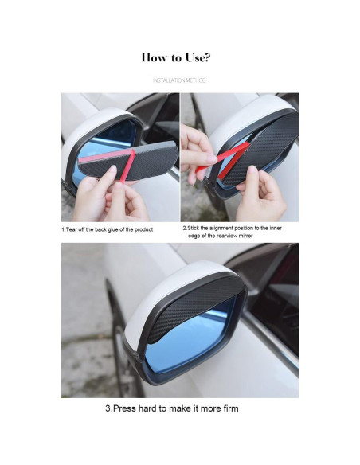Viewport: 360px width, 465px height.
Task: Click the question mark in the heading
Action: (208, 57)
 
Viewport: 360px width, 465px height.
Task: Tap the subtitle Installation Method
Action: (179, 80)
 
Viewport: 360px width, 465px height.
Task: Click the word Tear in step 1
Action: (71, 229)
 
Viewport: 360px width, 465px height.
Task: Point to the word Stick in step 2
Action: (194, 228)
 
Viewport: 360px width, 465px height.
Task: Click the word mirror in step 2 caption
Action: (246, 236)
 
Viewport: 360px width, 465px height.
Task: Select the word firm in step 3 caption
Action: (231, 408)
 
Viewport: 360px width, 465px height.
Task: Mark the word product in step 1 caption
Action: (143, 229)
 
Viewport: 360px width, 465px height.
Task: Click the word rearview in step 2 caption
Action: (227, 236)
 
